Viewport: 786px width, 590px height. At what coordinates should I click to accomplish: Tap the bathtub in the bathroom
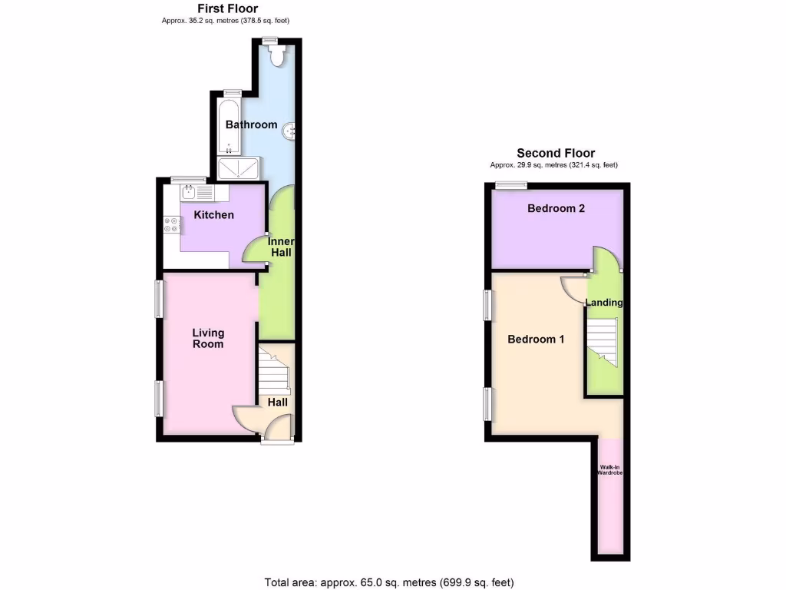pyautogui.click(x=229, y=124)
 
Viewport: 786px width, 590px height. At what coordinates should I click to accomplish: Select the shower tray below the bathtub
pyautogui.click(x=239, y=167)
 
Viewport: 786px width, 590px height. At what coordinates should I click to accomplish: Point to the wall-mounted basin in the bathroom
pyautogui.click(x=290, y=131)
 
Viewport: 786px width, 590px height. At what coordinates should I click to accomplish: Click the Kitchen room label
pyautogui.click(x=213, y=215)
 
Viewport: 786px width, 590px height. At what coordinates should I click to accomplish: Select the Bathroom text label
pyautogui.click(x=251, y=124)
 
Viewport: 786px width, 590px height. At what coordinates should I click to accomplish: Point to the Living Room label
pyautogui.click(x=208, y=338)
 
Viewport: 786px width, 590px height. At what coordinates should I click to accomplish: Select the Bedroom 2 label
pyautogui.click(x=556, y=208)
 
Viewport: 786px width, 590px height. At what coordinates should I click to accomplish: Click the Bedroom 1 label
pyautogui.click(x=537, y=339)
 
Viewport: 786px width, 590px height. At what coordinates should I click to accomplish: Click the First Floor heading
pyautogui.click(x=228, y=8)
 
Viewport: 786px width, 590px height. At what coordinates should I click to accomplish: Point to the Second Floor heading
pyautogui.click(x=556, y=153)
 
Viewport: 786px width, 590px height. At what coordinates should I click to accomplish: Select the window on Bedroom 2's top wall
pyautogui.click(x=510, y=184)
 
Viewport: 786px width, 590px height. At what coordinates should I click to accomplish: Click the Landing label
pyautogui.click(x=604, y=303)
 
